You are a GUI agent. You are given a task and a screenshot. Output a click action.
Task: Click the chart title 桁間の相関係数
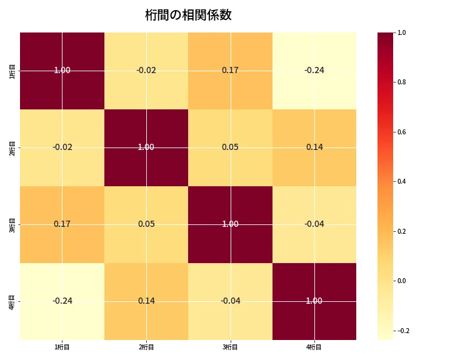tap(188, 15)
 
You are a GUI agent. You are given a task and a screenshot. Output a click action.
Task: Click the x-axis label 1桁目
tap(62, 347)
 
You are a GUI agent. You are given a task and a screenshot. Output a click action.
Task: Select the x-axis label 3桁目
tap(230, 347)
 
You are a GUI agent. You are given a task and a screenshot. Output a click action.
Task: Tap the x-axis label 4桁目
tap(314, 347)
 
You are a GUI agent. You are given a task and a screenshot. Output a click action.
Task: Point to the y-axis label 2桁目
tap(12, 147)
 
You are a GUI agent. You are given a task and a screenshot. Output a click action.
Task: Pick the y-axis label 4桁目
tap(12, 301)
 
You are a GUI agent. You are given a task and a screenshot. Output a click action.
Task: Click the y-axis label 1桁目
tap(12, 71)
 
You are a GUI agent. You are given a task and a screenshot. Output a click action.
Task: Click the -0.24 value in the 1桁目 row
tap(314, 70)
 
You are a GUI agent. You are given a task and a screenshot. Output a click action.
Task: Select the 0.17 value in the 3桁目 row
tap(62, 224)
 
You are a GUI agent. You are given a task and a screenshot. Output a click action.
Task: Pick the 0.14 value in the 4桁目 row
tap(146, 301)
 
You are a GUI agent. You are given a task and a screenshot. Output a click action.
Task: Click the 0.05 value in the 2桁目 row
tap(230, 147)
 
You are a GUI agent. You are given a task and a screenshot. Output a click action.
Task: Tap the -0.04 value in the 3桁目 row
tap(314, 224)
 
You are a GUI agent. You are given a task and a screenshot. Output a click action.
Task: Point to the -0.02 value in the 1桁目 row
tap(146, 70)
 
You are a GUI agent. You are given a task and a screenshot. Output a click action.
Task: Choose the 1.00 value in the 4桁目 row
tap(314, 301)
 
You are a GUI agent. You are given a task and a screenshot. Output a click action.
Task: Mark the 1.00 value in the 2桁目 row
tap(146, 147)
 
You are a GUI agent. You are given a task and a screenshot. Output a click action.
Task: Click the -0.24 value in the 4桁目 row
tap(62, 301)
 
